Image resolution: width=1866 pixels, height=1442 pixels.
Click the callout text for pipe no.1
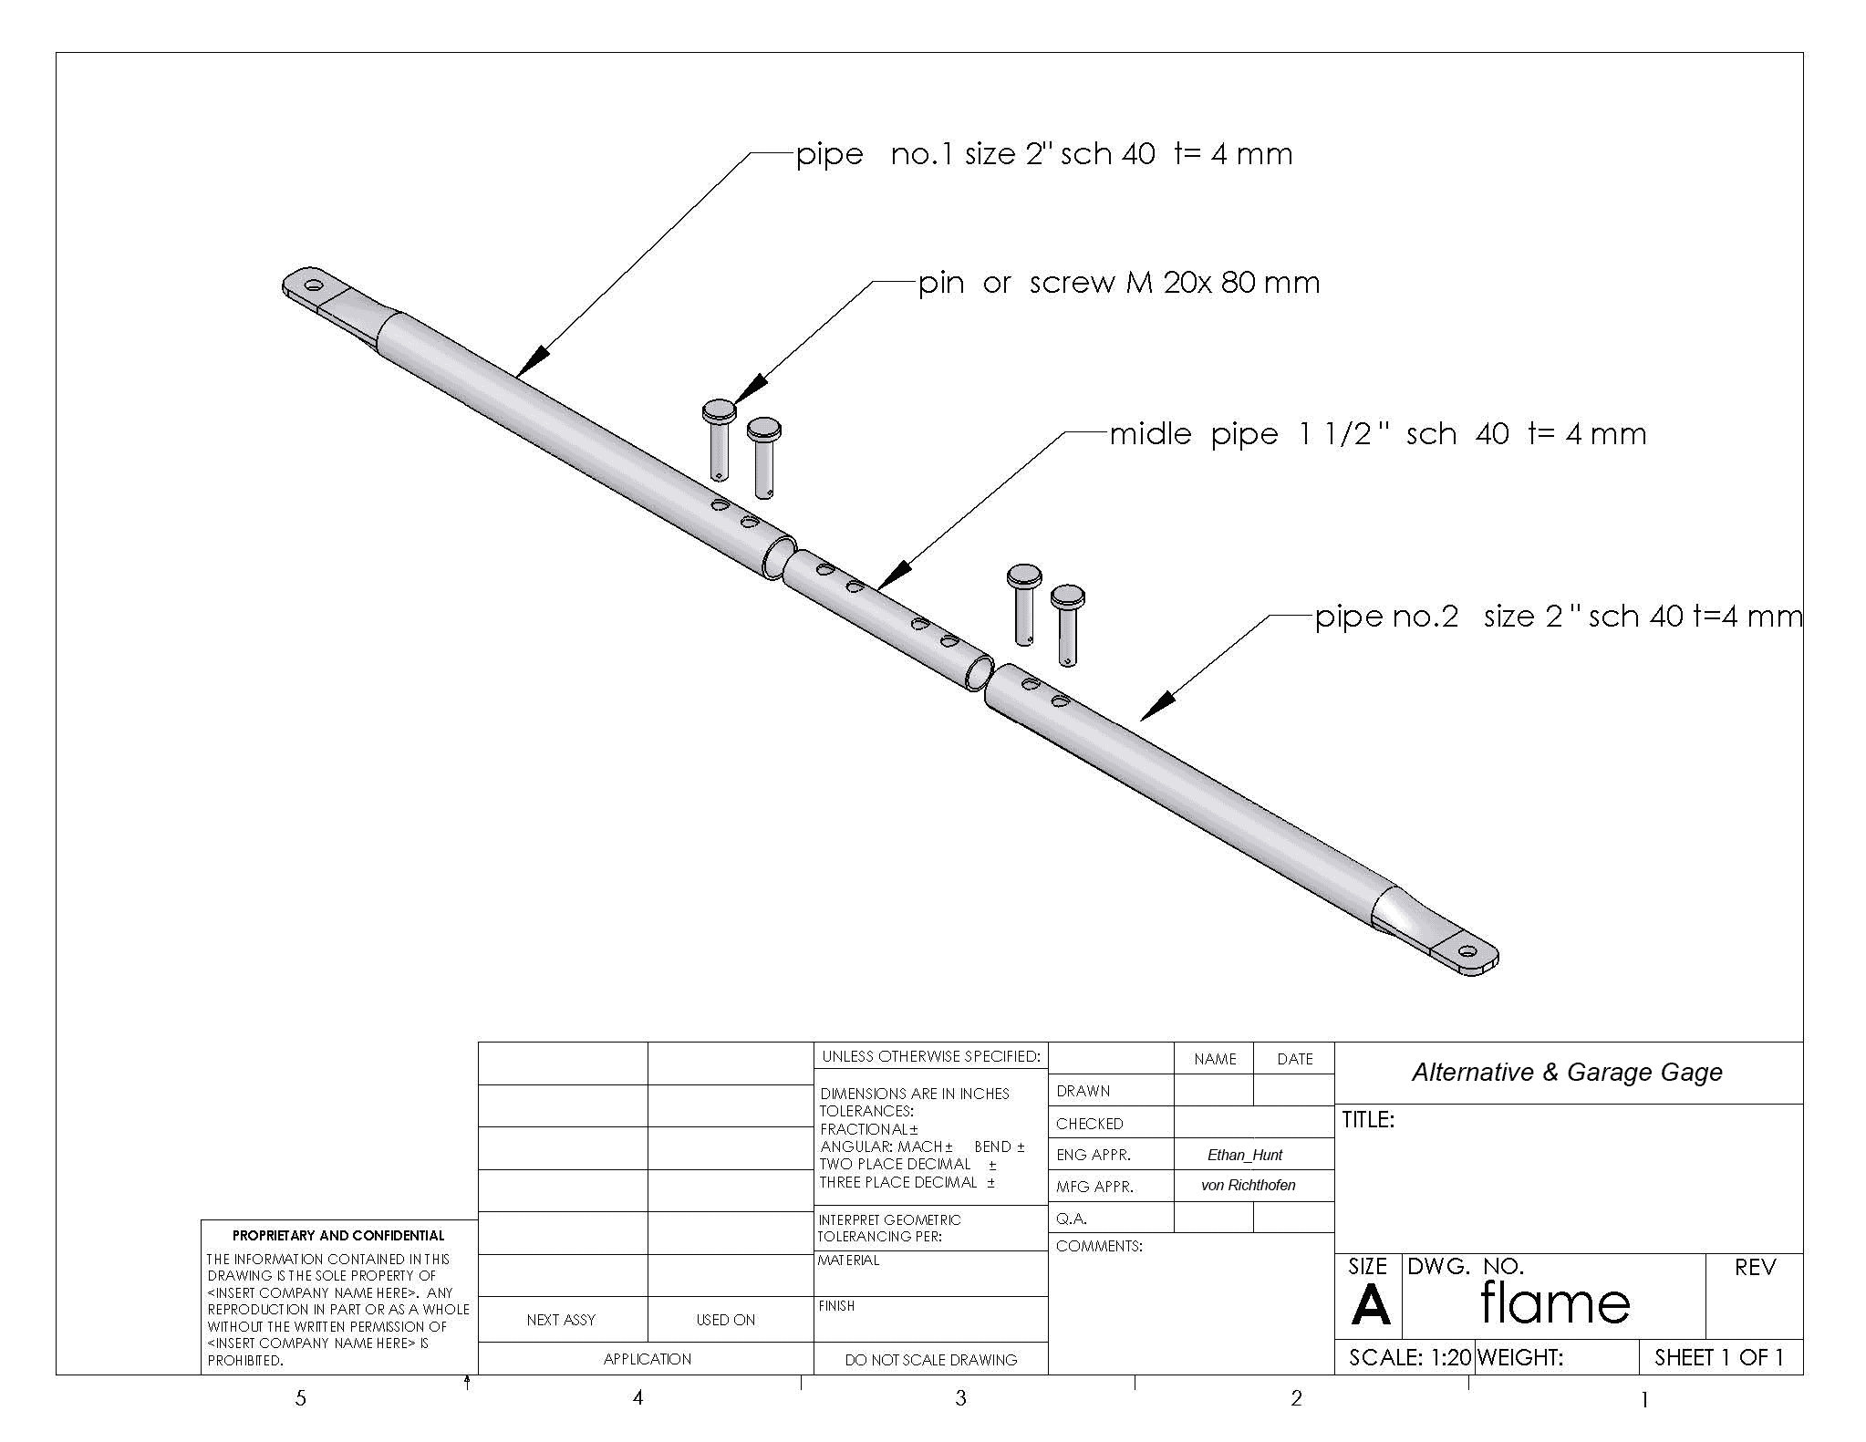[x=1044, y=153]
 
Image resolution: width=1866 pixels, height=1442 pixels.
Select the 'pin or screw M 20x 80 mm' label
[x=1119, y=283]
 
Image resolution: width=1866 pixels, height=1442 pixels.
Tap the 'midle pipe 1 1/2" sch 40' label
[x=1378, y=433]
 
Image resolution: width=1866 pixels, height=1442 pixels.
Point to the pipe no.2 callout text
[x=1559, y=617]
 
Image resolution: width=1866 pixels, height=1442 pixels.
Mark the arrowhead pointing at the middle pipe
[x=894, y=575]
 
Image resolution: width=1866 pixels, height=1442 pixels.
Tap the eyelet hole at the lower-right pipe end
[x=1467, y=952]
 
